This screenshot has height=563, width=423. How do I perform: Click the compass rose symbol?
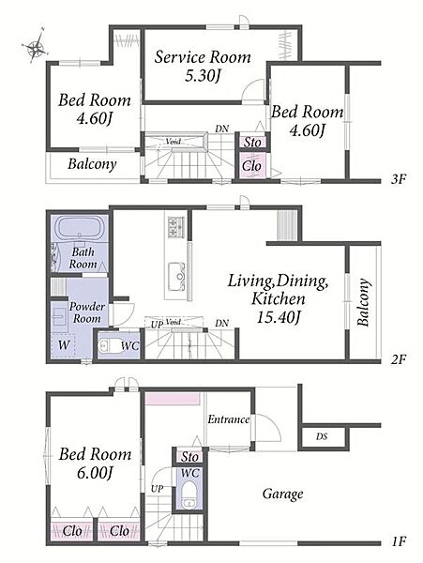(35, 46)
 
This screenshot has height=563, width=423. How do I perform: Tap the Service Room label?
(203, 57)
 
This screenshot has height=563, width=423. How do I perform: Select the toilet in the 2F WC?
(109, 346)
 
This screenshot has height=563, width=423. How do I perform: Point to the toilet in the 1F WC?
(189, 495)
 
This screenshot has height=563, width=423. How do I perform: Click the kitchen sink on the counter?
(177, 276)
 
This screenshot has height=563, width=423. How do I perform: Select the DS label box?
(322, 437)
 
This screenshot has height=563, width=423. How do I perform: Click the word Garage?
(282, 495)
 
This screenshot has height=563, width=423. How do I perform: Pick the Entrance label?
(229, 419)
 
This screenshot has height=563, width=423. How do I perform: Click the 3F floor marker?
(399, 179)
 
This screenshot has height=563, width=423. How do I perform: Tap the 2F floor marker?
(399, 358)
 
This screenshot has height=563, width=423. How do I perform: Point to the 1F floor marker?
(399, 541)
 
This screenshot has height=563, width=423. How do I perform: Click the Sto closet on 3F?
(253, 143)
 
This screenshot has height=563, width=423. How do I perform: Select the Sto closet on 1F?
(189, 457)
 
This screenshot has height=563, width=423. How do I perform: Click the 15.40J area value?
(278, 316)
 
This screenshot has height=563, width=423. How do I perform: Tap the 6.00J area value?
(95, 473)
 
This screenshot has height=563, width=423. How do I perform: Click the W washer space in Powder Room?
(64, 345)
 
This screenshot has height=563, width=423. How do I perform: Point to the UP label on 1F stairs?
(158, 488)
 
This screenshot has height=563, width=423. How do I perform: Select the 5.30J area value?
(202, 76)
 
